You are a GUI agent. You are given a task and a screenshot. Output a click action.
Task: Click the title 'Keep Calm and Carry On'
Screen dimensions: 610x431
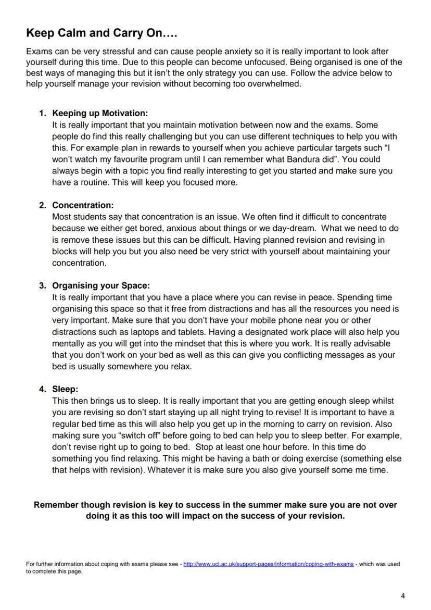tap(102, 34)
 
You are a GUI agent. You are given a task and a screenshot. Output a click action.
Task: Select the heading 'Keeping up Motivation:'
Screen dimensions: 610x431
tap(100, 113)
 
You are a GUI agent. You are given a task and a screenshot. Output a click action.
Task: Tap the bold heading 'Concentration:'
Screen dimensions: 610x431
tap(83, 205)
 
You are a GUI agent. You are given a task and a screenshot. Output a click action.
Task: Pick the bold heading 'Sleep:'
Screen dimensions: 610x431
tap(65, 389)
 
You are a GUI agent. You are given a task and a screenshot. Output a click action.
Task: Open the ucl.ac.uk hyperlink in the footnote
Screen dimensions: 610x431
tap(268, 564)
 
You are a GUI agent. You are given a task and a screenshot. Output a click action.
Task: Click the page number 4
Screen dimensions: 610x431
tap(402, 596)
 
